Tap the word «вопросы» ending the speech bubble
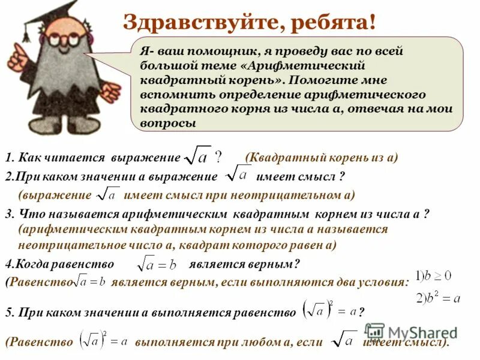click(168, 122)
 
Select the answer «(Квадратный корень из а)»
click(322, 158)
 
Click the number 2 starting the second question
click(8, 176)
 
